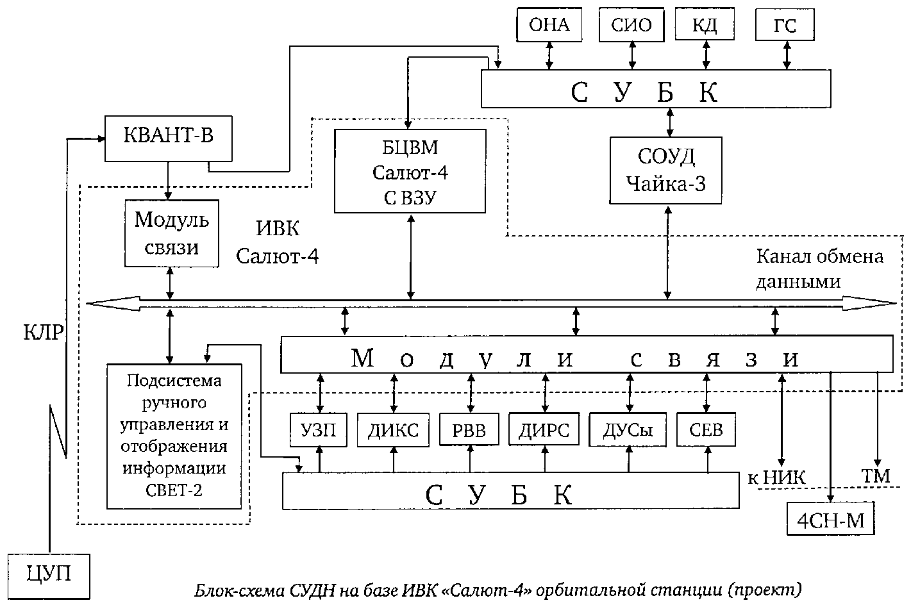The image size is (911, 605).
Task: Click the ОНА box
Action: point(549,25)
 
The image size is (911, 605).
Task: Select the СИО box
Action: point(631,25)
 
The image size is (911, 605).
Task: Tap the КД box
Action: point(705,25)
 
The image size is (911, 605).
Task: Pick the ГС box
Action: point(785,26)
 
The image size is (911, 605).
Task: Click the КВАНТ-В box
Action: point(168,138)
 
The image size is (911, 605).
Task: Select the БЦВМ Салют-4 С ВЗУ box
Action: point(410,170)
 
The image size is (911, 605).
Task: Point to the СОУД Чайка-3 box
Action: point(665,170)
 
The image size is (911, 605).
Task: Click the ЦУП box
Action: point(48,574)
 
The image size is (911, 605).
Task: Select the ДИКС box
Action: point(393,430)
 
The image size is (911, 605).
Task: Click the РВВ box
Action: point(469,430)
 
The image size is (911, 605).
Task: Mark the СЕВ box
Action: point(705,429)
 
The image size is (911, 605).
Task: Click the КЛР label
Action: point(44,332)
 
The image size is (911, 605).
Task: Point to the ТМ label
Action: point(876,476)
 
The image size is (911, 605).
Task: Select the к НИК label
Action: point(776,477)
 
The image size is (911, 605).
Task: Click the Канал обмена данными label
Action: point(819,269)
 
